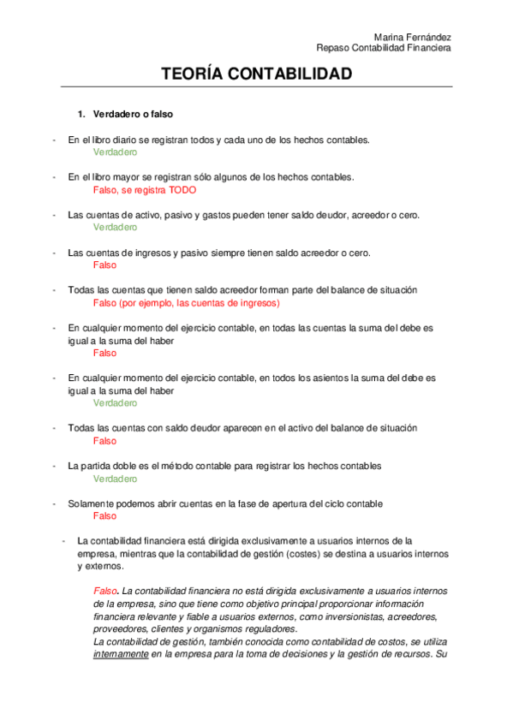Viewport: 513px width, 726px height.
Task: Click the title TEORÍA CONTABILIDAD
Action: pos(256,74)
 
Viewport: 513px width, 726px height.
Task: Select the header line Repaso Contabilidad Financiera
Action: pos(384,48)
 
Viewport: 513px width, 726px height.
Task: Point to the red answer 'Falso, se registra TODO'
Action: pos(144,190)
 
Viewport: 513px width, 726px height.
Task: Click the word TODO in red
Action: pos(182,190)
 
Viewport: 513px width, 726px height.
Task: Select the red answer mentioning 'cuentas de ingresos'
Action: pos(186,303)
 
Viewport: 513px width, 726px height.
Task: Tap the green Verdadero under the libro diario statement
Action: pos(115,152)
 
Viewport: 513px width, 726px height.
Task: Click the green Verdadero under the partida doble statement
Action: pos(115,479)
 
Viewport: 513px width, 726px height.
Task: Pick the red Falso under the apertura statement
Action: pos(104,516)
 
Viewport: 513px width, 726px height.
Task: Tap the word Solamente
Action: pos(90,503)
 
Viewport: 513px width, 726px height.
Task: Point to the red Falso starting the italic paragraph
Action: pos(105,592)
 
